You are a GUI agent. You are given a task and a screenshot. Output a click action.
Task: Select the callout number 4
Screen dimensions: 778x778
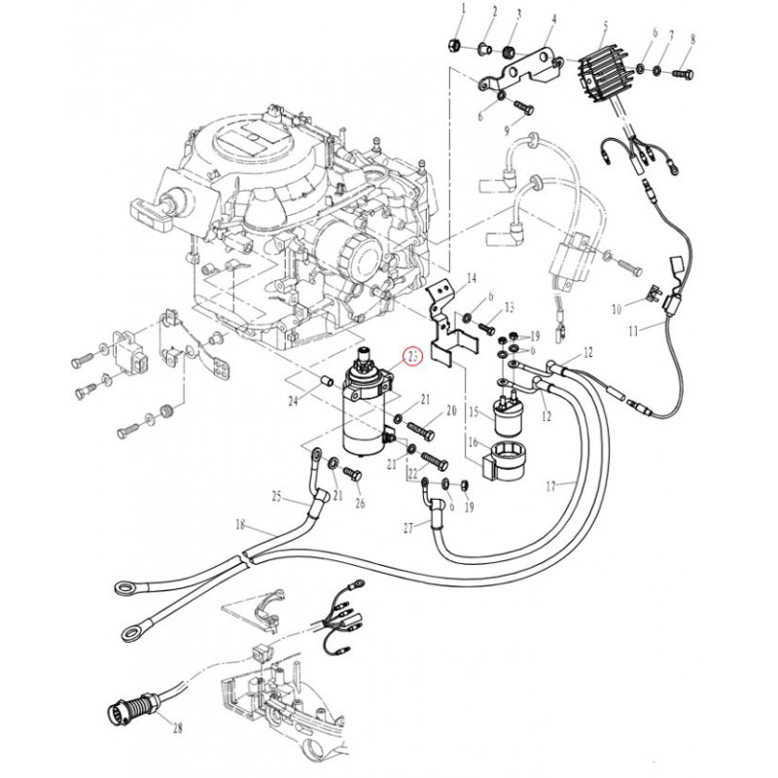click(x=553, y=18)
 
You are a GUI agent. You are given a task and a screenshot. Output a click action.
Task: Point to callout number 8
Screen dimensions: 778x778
click(x=693, y=39)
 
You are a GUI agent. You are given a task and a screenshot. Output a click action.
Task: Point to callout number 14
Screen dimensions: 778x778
click(x=471, y=278)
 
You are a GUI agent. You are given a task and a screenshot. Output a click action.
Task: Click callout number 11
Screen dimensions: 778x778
click(x=633, y=331)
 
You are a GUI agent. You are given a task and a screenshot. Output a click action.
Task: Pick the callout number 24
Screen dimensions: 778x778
click(x=292, y=399)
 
